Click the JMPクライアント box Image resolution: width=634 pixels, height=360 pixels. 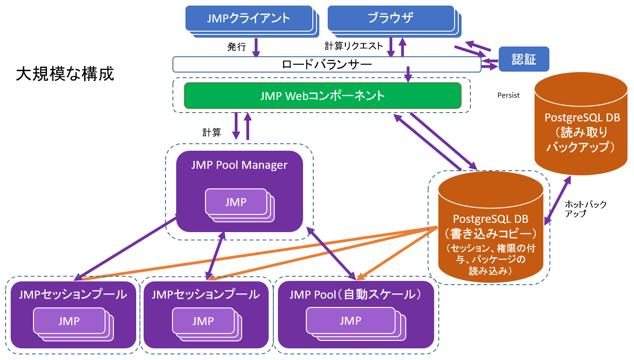pos(249,18)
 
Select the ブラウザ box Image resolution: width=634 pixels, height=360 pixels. pos(390,18)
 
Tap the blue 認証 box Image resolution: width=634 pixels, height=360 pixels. pos(524,59)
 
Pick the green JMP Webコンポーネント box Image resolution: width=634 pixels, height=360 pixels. pos(323,96)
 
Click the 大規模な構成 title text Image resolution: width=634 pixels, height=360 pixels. pos(65,74)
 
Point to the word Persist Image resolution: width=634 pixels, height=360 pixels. pos(508,95)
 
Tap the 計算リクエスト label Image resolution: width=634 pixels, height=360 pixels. pos(354,46)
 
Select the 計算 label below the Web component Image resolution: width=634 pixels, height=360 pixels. pos(211,132)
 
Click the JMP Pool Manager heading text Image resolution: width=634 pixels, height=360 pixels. pos(239,165)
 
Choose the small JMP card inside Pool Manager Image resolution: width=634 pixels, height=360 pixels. pos(236,202)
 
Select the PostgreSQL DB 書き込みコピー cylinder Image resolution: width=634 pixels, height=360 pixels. pos(490,228)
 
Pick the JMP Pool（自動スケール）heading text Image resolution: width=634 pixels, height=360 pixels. pos(356,294)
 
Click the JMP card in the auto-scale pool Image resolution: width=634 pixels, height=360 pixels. pos(351,320)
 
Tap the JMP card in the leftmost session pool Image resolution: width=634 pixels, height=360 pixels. pos(69,321)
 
